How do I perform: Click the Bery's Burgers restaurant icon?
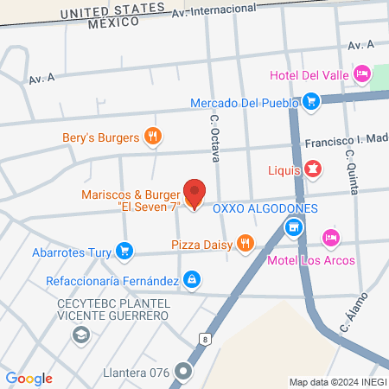click(x=153, y=136)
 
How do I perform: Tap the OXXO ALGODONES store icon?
click(x=294, y=227)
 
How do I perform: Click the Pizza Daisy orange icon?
click(x=246, y=242)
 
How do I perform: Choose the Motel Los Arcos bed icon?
click(x=329, y=237)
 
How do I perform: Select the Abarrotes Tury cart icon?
click(x=125, y=252)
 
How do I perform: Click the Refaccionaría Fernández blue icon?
click(x=193, y=280)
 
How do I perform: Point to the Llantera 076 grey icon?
click(x=183, y=373)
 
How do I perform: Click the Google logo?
click(x=29, y=379)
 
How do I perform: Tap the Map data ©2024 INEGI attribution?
click(x=337, y=382)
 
